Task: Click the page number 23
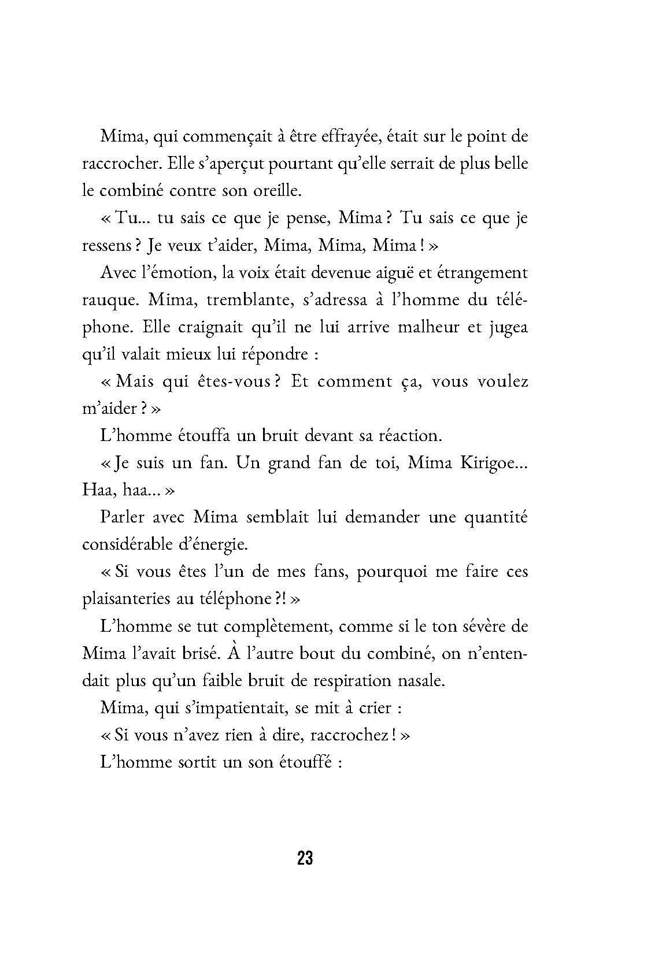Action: (x=305, y=858)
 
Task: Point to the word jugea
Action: (x=508, y=327)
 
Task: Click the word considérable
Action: (x=136, y=544)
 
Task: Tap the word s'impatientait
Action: (x=203, y=707)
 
